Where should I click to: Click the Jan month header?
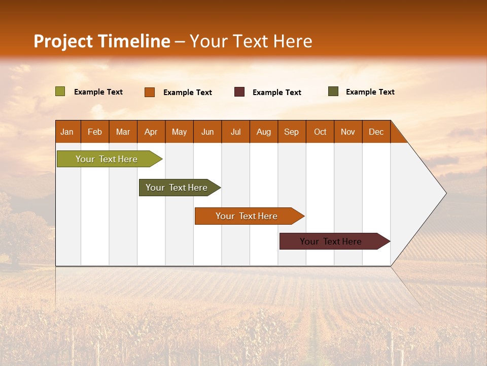tap(67, 132)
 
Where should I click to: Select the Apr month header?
tap(151, 132)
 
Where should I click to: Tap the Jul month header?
tap(235, 132)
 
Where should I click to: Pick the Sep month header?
tap(292, 132)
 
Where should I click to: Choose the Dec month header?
tap(376, 132)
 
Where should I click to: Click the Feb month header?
tap(95, 132)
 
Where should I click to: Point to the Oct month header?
tap(320, 132)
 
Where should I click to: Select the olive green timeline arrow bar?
tap(107, 159)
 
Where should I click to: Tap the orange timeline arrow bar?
tap(247, 216)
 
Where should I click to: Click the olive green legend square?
tap(60, 91)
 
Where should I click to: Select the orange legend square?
tap(150, 92)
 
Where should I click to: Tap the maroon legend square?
tap(239, 92)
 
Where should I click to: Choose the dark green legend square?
tap(333, 91)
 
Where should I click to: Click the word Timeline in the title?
tap(133, 41)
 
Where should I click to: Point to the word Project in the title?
tap(63, 41)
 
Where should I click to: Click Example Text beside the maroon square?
tap(276, 92)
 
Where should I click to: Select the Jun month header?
tap(207, 132)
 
